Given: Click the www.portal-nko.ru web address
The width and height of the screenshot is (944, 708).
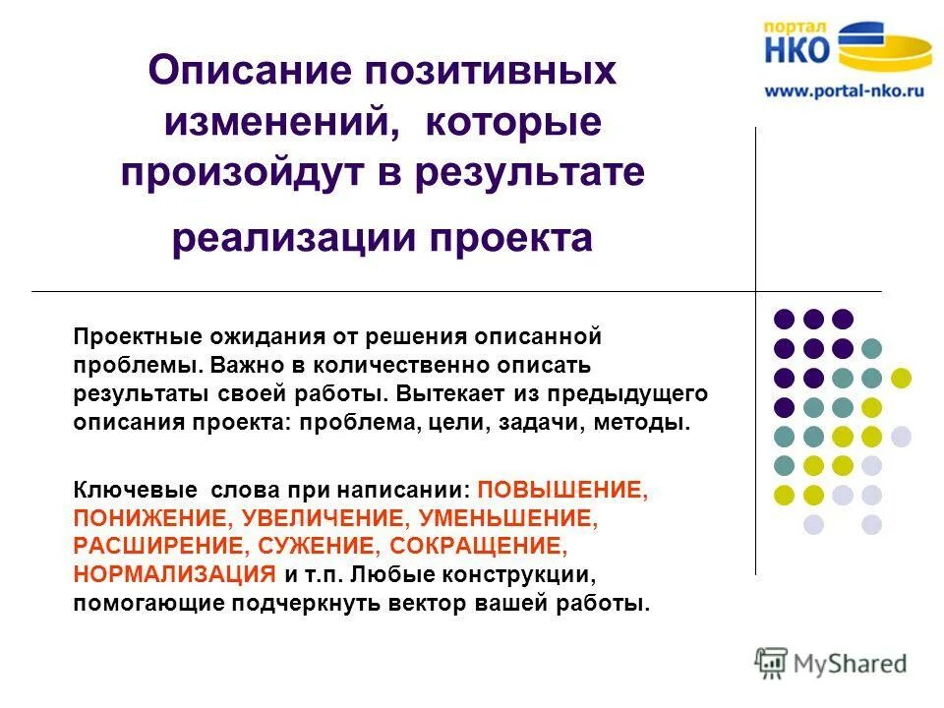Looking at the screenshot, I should [x=845, y=89].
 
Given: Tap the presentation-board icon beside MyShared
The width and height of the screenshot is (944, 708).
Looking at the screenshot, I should [x=771, y=663].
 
